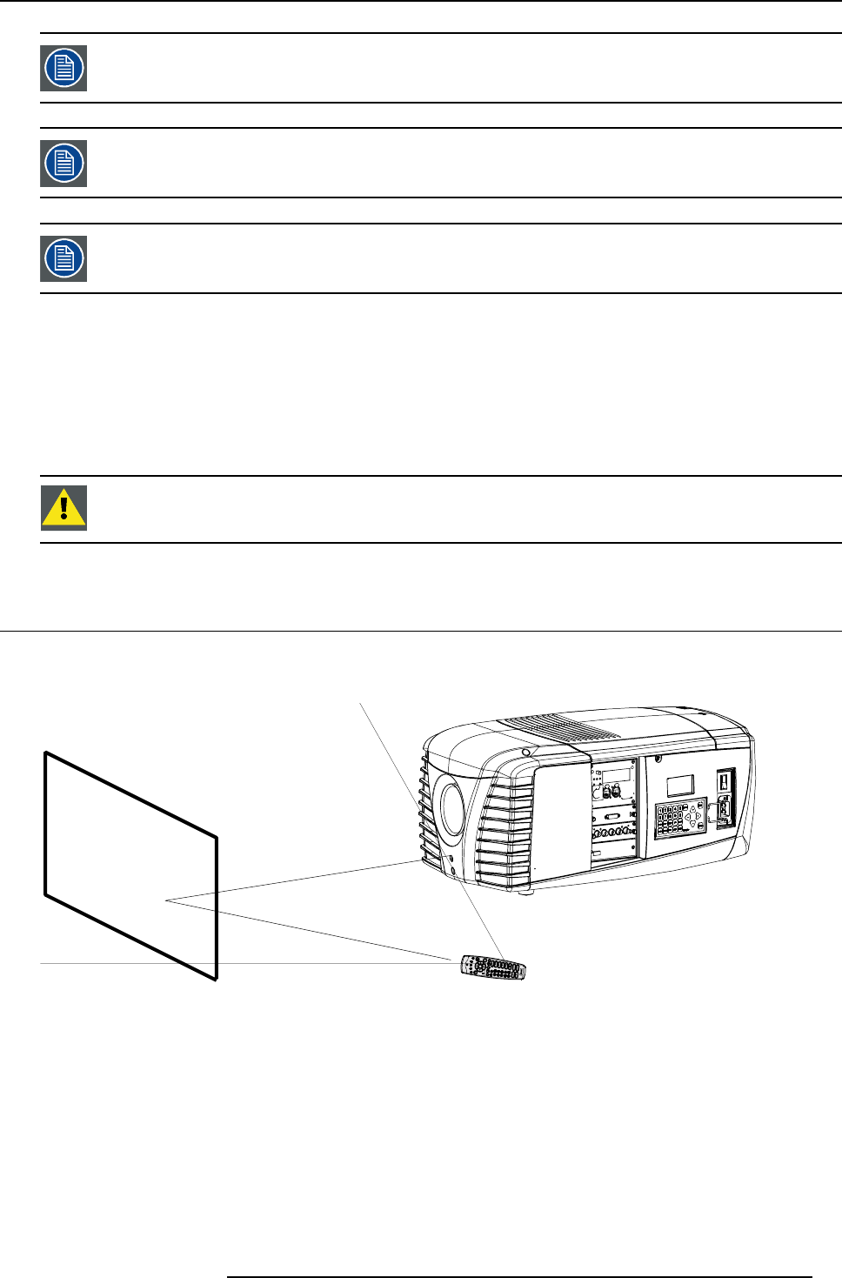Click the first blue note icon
tap(63, 68)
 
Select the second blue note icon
tap(63, 164)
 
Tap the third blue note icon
tap(63, 258)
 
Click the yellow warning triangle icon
tap(63, 508)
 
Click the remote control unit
tap(493, 967)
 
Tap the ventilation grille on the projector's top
tap(557, 727)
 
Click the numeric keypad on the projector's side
tap(669, 820)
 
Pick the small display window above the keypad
tap(680, 786)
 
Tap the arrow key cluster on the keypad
tap(693, 819)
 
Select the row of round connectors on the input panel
tap(612, 833)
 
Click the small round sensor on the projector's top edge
tap(525, 753)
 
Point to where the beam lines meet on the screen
tap(165, 900)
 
